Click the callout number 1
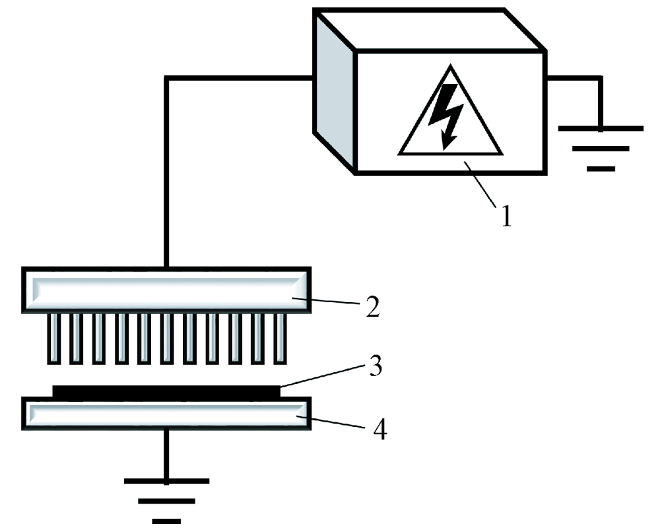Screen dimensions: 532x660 (x=506, y=217)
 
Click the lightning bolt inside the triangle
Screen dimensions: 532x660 (x=443, y=114)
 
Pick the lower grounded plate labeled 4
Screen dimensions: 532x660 (x=165, y=414)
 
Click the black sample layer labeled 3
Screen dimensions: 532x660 (x=165, y=391)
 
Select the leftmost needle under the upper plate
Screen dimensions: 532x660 (x=53, y=338)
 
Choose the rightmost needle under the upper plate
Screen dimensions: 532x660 (x=280, y=338)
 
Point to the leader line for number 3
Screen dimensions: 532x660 (x=323, y=377)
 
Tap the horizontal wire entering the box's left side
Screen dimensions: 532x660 (x=238, y=79)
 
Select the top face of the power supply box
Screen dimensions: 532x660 (x=429, y=30)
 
